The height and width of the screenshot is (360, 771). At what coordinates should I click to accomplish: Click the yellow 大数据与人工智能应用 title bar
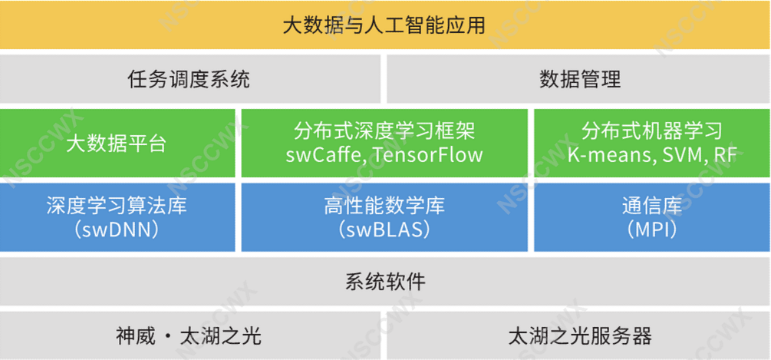click(x=385, y=25)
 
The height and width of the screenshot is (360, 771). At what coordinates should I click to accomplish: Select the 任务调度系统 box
click(x=189, y=79)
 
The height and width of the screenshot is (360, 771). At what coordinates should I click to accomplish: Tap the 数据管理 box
click(x=578, y=79)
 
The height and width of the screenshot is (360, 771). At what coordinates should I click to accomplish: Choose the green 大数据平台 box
click(x=117, y=143)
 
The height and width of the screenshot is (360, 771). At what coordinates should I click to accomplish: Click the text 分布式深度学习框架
click(x=384, y=131)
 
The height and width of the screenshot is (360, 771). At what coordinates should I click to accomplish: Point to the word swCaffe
click(x=325, y=155)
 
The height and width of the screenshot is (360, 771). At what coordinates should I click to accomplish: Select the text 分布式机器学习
click(x=652, y=131)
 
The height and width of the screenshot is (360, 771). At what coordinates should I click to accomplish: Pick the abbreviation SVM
click(x=681, y=155)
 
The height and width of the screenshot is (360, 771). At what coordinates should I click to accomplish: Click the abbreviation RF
click(x=727, y=155)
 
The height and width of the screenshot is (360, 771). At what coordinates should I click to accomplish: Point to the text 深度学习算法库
click(x=117, y=206)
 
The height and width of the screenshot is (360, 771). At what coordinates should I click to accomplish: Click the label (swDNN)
click(x=117, y=230)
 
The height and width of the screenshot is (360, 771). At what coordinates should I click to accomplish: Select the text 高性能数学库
click(x=384, y=206)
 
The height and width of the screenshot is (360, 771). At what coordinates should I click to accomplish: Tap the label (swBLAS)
click(x=384, y=230)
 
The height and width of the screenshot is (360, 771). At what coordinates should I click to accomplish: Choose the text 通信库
click(x=652, y=206)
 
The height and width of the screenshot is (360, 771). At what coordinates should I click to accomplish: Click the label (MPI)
click(x=652, y=230)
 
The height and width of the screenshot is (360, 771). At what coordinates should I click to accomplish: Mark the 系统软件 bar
click(x=385, y=281)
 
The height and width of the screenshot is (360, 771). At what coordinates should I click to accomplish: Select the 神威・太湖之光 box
click(x=189, y=335)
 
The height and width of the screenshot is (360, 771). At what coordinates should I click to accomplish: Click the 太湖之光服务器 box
click(x=578, y=335)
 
